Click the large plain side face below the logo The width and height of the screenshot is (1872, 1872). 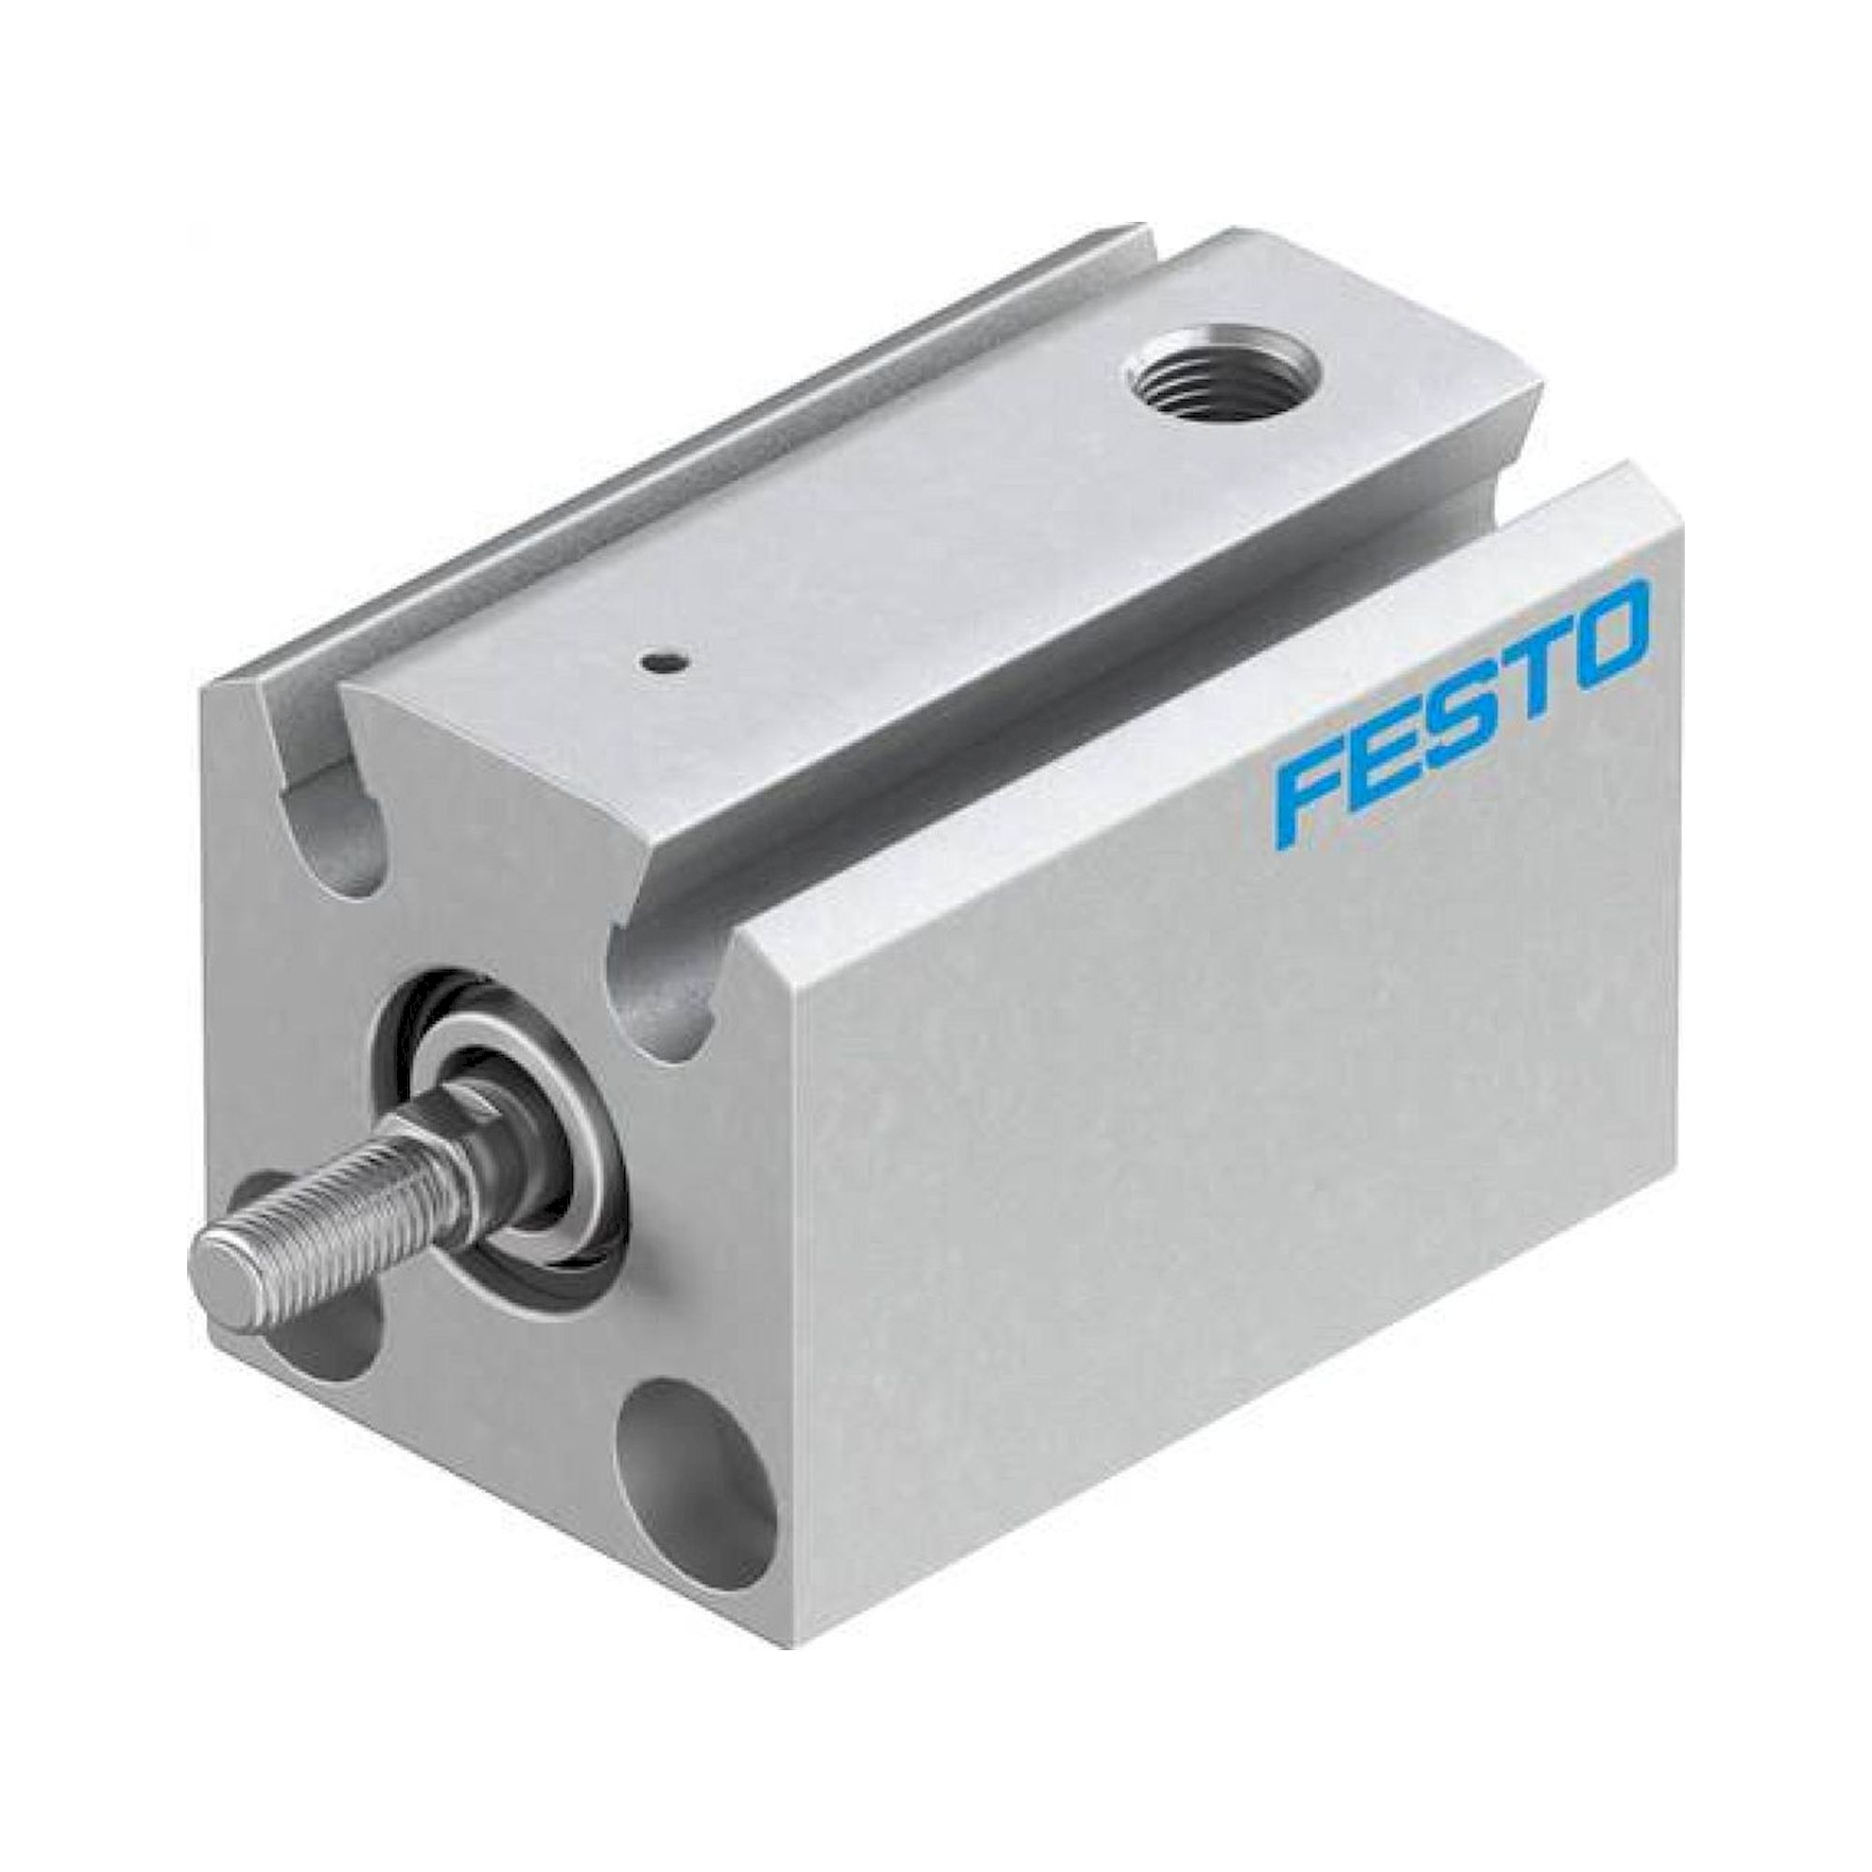1211,1114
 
